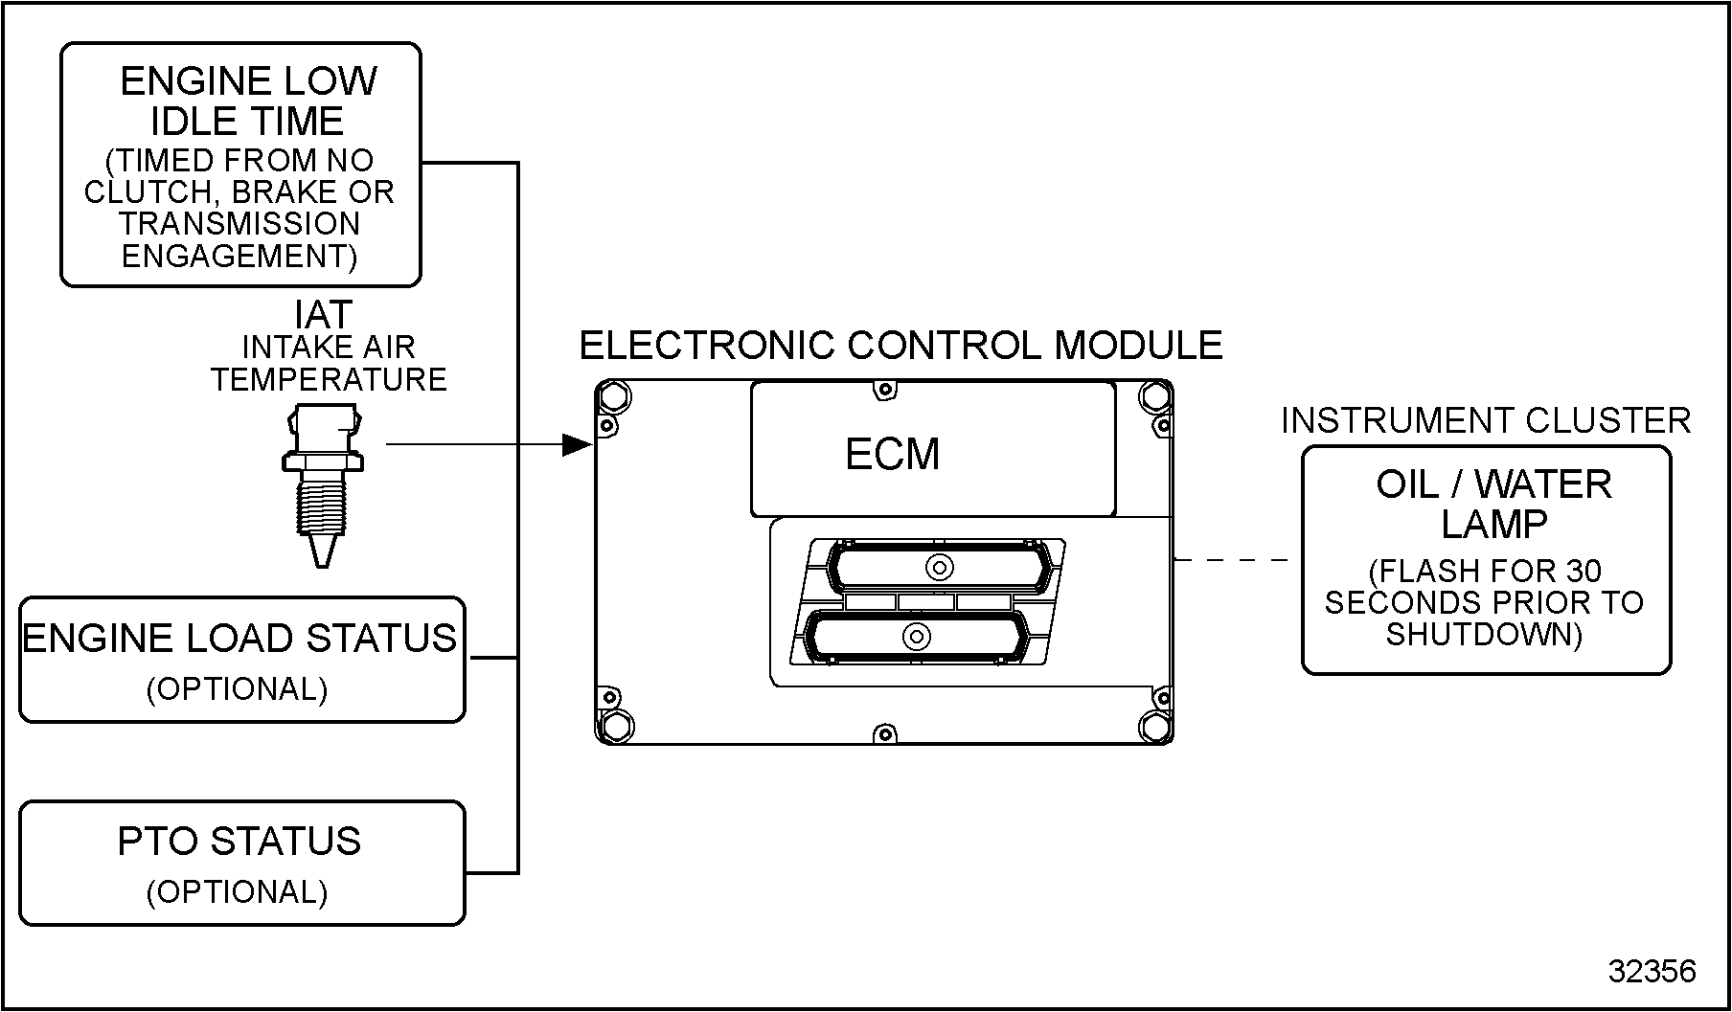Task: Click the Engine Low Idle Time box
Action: tap(240, 165)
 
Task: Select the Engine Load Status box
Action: tap(241, 660)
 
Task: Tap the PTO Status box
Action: tap(241, 863)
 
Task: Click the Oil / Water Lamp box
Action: tap(1486, 560)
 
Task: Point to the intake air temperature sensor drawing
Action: tap(323, 484)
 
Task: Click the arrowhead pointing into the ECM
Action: tap(577, 444)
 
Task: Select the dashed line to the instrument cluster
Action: tap(1236, 560)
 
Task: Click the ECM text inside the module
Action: tap(892, 454)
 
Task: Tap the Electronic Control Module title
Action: tap(900, 346)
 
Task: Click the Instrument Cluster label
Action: tap(1485, 420)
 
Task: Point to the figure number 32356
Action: tap(1652, 971)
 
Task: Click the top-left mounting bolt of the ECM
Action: tap(614, 395)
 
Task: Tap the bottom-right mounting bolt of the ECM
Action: tap(1155, 725)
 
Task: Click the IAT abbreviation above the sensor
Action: tap(323, 314)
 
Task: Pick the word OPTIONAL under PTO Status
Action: tap(238, 892)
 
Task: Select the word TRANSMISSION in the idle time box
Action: tap(239, 224)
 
